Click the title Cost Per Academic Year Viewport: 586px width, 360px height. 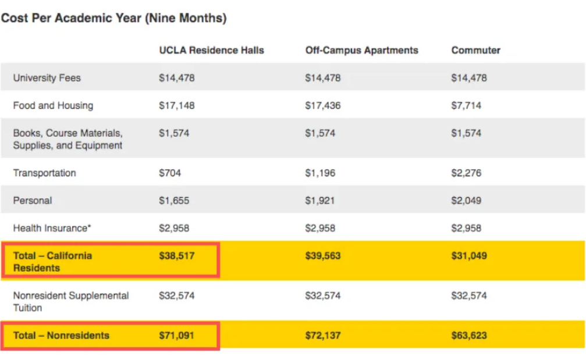click(x=113, y=18)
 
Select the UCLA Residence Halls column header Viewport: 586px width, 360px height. click(x=211, y=50)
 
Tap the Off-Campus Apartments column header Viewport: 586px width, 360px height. click(x=361, y=50)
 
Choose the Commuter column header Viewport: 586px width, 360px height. click(x=475, y=50)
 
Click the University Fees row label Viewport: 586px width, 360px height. click(x=47, y=78)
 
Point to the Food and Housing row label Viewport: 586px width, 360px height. click(x=53, y=105)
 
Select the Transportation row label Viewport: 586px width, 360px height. click(x=44, y=173)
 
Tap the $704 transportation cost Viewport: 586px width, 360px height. click(x=170, y=173)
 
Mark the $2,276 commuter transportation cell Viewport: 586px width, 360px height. click(x=466, y=173)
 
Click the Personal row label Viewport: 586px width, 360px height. click(x=33, y=200)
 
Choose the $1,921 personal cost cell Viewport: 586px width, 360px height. click(x=320, y=200)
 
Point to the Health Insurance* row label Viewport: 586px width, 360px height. click(x=52, y=228)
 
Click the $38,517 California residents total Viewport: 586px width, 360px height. click(x=176, y=255)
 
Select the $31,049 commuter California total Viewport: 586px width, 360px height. click(x=469, y=255)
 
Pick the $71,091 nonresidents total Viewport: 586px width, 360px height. click(x=176, y=335)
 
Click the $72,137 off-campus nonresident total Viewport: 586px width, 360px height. click(x=322, y=335)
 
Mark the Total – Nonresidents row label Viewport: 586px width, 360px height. click(x=61, y=335)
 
